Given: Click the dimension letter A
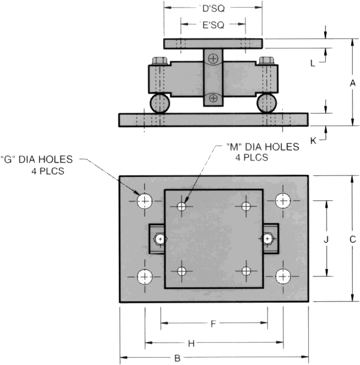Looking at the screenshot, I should [x=353, y=83].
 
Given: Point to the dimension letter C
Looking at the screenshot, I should [x=353, y=239].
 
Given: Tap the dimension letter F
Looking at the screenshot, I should [x=213, y=324].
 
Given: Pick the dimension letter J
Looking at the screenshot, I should [x=326, y=240].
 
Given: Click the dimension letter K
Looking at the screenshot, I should [x=314, y=141].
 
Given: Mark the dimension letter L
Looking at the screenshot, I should [x=313, y=63].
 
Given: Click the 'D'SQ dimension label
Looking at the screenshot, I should [x=212, y=7].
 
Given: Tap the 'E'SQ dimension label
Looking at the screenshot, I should [x=212, y=24].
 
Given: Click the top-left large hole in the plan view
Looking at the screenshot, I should [x=145, y=201].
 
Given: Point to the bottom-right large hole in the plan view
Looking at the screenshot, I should [x=283, y=275].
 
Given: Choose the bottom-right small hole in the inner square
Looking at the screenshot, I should [x=245, y=271].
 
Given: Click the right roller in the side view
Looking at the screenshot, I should [x=267, y=104].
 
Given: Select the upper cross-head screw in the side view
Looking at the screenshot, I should [x=213, y=59].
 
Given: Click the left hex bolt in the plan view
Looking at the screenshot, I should [x=159, y=239].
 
